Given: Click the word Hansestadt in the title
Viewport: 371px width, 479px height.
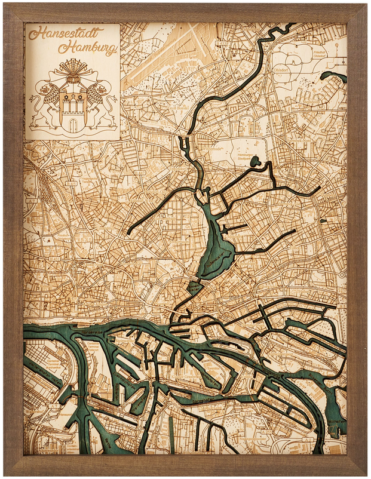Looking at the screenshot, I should click(66, 33).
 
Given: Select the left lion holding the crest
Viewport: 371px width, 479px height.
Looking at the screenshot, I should click(47, 105).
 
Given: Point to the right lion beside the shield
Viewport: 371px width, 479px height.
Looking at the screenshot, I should click(99, 105).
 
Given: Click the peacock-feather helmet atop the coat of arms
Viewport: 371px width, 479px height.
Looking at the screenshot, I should click(73, 69).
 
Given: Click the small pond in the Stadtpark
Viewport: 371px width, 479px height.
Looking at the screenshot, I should click(256, 161).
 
